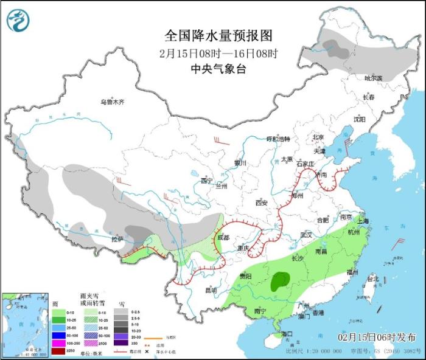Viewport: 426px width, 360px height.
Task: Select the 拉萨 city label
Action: [x=117, y=239]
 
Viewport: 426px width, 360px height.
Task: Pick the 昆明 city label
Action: [x=211, y=289]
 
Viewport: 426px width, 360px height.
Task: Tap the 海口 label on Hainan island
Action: [x=285, y=334]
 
